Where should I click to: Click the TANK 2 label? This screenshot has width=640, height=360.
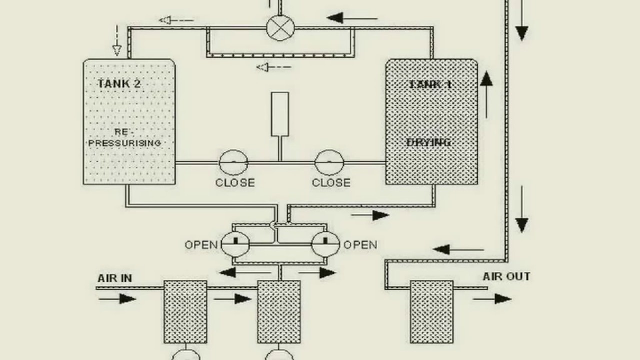[x=119, y=84]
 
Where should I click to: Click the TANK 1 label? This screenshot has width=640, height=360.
[x=430, y=84]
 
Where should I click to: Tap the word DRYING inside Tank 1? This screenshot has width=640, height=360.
[x=429, y=143]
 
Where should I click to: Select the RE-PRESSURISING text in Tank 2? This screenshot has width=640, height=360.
[x=125, y=138]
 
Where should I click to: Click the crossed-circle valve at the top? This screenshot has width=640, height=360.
[x=280, y=27]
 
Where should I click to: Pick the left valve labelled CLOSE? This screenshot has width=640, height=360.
[x=233, y=163]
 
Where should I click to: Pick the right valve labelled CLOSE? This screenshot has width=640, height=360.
[x=329, y=163]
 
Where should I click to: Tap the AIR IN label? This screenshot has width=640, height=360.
[x=115, y=278]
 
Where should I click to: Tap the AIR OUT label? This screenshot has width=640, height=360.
[x=506, y=277]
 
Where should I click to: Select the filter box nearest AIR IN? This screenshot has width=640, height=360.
[x=185, y=311]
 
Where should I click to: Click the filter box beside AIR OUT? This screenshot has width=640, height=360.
[x=432, y=311]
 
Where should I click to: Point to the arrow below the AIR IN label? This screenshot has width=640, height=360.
[x=118, y=299]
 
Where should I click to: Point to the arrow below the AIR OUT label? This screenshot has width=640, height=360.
[x=492, y=299]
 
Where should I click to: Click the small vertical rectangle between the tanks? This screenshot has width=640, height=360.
[x=280, y=114]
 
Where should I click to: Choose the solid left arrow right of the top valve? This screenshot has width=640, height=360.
[x=352, y=19]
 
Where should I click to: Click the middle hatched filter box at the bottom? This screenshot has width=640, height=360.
[x=279, y=311]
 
